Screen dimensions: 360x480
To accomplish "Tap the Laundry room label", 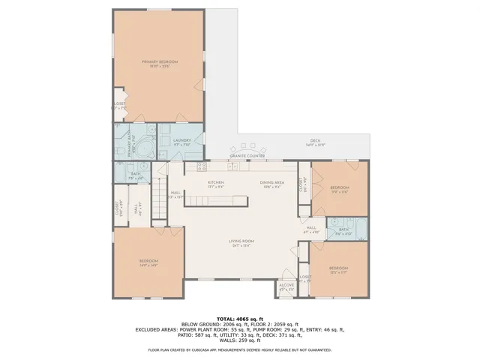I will tap(181, 141).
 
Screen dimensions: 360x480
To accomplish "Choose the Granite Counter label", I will tap(254, 156).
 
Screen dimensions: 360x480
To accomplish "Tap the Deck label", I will tap(315, 141).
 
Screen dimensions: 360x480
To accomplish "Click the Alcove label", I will tap(286, 286).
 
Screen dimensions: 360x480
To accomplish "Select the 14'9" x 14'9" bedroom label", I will tap(148, 262).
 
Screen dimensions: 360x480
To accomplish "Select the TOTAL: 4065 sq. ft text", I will tap(240, 317).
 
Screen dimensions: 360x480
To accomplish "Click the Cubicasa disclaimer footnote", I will tap(240, 349).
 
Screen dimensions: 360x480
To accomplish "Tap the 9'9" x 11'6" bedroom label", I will tap(340, 189).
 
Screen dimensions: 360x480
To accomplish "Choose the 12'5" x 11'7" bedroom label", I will tap(337, 269).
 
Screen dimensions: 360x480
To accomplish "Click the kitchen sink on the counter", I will tap(234, 165).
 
